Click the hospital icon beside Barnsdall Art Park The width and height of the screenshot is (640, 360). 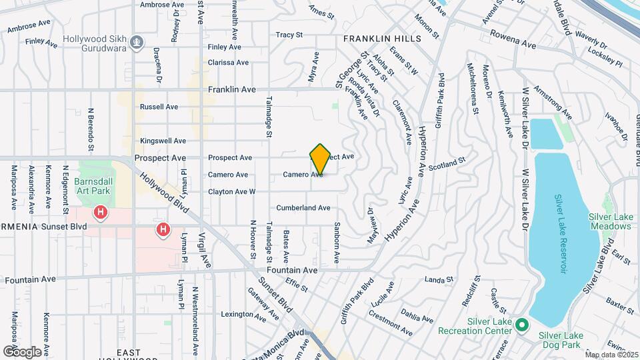pos(100,213)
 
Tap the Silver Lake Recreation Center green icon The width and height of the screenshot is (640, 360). pos(523,326)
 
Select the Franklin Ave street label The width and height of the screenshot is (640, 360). pos(232,89)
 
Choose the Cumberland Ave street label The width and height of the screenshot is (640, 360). pos(303,208)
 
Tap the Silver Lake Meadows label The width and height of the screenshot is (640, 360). pos(609,221)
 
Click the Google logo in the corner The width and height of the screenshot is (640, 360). pos(22,351)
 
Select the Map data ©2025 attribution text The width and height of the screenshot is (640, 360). pos(611,355)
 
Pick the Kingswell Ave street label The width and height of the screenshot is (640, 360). pos(163,141)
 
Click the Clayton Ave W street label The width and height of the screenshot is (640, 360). pos(231,192)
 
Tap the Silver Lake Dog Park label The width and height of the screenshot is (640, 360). pos(561,339)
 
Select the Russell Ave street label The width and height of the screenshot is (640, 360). pos(159,107)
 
